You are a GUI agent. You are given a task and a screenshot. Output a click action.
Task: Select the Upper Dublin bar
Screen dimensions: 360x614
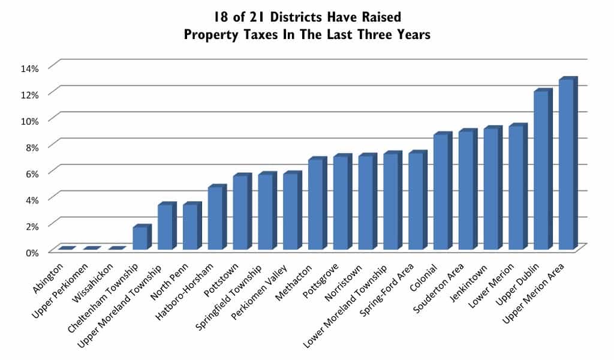coord(541,171)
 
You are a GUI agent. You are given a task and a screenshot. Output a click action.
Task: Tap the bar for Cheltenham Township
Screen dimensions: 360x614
coord(140,238)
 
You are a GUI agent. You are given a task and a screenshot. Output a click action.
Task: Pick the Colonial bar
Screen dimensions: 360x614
coord(441,192)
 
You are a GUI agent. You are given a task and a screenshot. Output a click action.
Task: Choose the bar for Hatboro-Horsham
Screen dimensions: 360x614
coord(215,218)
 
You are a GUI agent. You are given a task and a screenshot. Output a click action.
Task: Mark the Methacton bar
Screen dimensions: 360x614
coord(315,205)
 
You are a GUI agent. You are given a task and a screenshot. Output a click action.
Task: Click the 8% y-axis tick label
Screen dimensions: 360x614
coord(31,147)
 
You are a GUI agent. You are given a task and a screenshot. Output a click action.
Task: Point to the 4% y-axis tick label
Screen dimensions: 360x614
coord(31,200)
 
